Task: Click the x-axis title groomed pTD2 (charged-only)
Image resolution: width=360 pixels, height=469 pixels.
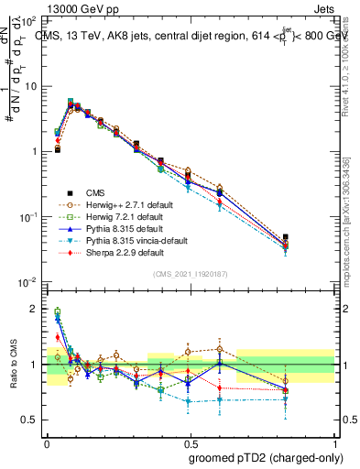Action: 267,457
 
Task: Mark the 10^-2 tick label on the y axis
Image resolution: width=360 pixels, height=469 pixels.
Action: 28,281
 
